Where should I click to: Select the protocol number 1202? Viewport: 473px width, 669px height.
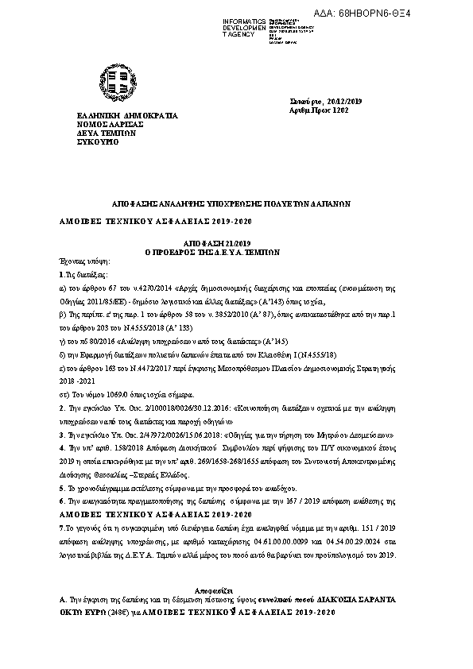340,110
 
